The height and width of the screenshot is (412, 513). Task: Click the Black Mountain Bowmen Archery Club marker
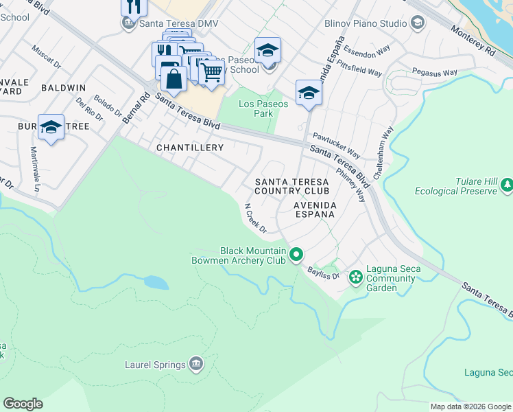click(x=296, y=255)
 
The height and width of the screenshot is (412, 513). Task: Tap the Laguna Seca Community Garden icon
click(x=356, y=277)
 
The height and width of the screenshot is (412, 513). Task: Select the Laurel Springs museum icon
click(x=197, y=363)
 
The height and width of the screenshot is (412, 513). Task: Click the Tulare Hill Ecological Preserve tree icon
click(x=507, y=185)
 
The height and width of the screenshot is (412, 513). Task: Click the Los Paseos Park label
click(x=255, y=109)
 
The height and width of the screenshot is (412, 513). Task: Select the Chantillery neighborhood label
click(x=190, y=148)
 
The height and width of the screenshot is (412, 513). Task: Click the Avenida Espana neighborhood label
click(x=314, y=209)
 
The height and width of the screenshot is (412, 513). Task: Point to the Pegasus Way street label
click(x=434, y=72)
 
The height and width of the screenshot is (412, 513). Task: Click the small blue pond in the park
click(x=156, y=282)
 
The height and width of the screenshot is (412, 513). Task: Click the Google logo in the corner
click(x=23, y=404)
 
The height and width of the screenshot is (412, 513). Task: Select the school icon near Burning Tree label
click(x=51, y=128)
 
